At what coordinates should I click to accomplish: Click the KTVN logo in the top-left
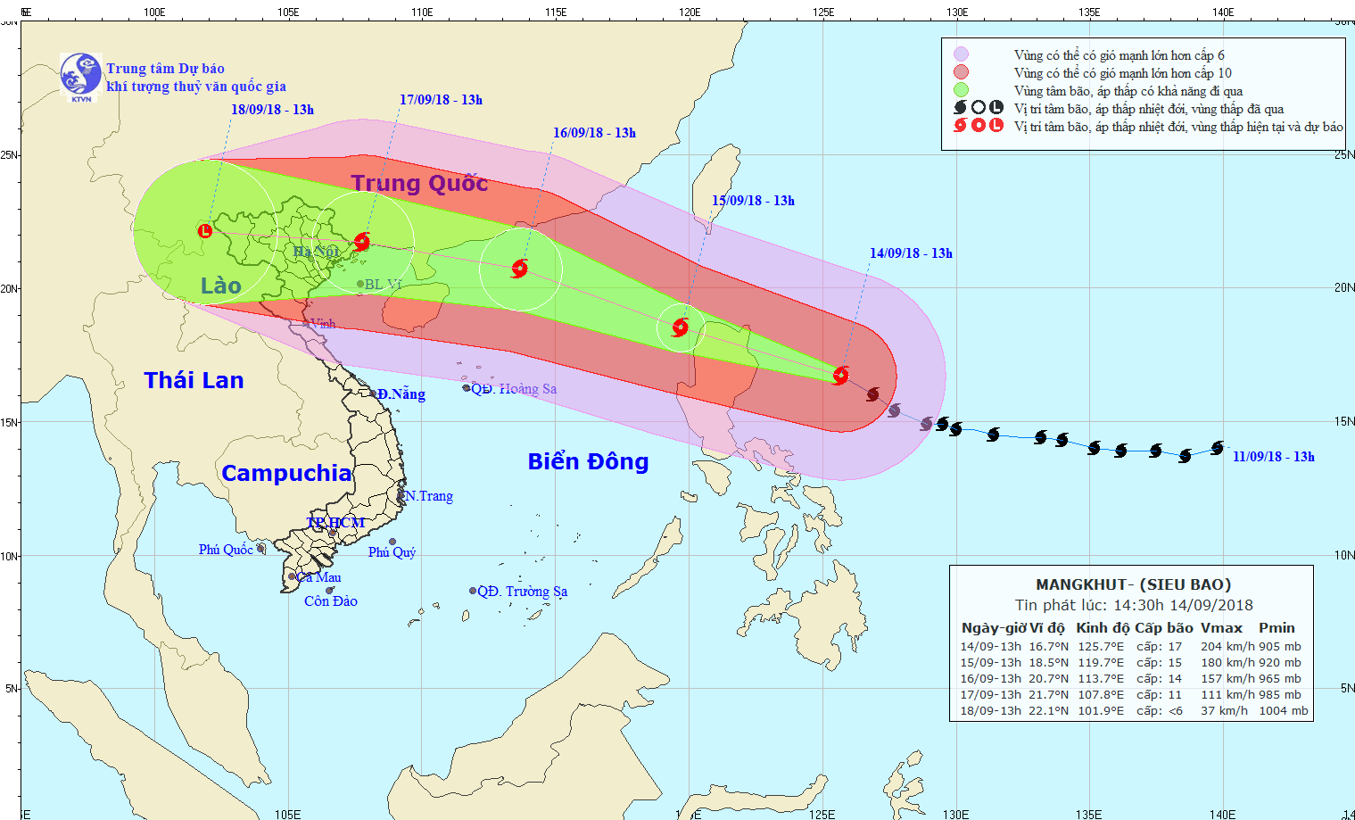80,76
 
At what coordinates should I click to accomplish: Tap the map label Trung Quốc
419,183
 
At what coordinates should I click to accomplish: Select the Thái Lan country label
194,380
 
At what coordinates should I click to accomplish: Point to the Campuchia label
286,473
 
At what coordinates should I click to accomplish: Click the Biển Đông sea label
588,461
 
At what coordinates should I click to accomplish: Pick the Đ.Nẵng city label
401,394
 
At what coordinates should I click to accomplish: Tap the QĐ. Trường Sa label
522,592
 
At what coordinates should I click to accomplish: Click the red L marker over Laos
205,231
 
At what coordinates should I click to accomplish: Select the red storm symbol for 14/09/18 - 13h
840,375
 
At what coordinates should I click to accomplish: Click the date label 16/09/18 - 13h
594,133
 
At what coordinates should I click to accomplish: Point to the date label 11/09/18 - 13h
1273,457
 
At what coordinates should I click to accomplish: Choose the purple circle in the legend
961,54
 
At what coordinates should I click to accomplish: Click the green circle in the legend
961,90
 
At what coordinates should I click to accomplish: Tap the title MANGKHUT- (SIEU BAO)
1133,584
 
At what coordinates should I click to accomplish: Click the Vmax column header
1220,628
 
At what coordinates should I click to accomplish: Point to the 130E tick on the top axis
956,12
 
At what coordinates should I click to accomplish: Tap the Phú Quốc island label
225,550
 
